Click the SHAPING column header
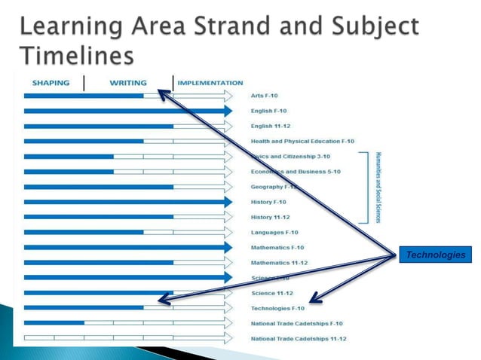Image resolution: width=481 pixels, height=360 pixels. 51,83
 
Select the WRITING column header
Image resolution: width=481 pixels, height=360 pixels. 128,83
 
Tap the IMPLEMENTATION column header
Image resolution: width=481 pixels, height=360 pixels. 210,83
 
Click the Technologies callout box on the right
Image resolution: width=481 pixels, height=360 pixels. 436,255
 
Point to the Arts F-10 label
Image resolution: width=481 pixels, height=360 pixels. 265,96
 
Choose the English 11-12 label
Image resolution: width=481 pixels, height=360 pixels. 271,126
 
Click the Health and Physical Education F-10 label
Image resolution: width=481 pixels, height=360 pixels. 302,141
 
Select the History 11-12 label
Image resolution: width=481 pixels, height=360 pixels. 271,217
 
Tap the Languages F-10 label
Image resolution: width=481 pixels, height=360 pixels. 274,232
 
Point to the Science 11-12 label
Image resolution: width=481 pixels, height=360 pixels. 272,293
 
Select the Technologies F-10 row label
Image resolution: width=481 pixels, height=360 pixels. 277,308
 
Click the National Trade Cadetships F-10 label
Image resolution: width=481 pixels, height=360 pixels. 296,323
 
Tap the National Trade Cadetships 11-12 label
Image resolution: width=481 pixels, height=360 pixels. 299,338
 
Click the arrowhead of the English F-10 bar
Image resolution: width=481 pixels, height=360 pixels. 228,111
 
